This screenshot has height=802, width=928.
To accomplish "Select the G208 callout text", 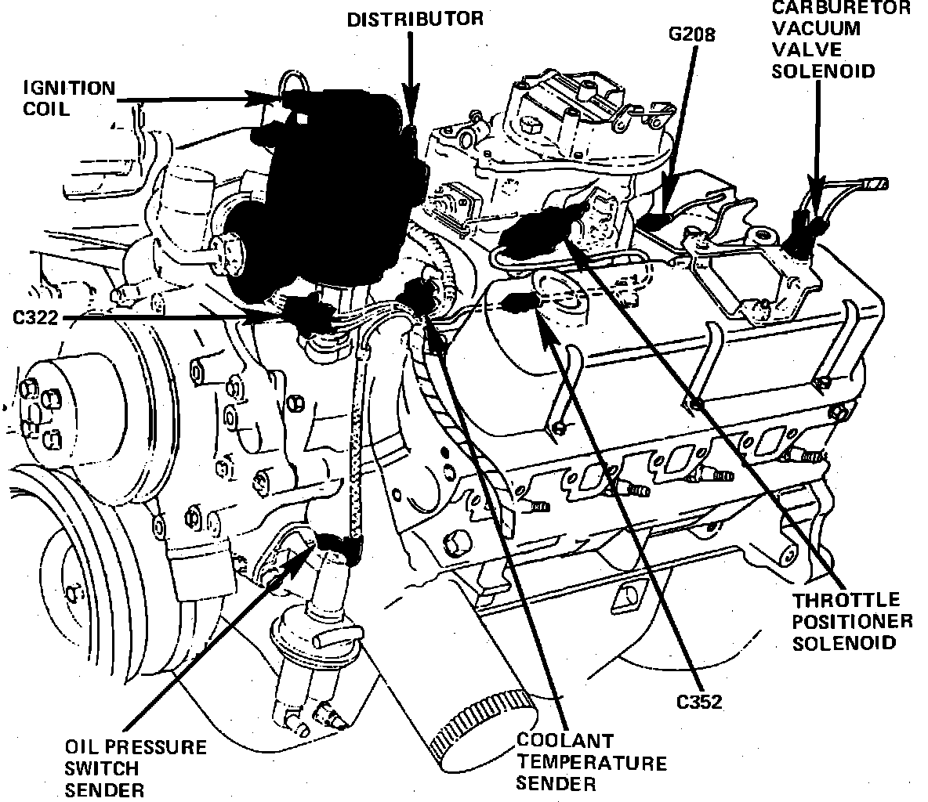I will point(692,35).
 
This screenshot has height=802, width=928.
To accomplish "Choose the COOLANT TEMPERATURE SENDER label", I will point(591,761).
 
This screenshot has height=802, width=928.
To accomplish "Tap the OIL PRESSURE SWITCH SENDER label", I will point(136,768).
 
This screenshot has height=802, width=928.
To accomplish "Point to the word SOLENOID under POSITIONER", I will point(843,643).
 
